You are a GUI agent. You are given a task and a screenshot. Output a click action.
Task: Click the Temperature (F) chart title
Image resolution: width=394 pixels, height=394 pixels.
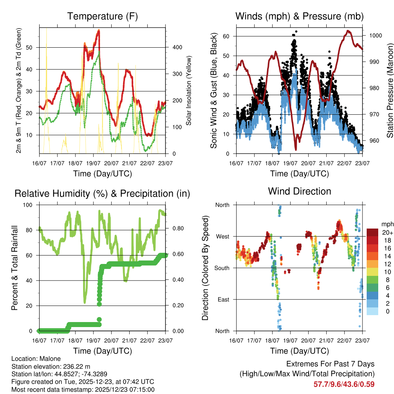tap(102, 16)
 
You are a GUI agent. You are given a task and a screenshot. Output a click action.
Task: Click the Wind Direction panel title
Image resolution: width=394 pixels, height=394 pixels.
tap(299, 191)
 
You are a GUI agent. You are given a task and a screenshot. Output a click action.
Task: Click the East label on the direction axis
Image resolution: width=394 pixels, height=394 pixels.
tap(223, 299)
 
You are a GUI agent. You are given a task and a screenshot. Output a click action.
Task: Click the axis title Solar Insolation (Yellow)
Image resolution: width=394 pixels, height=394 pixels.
tap(189, 90)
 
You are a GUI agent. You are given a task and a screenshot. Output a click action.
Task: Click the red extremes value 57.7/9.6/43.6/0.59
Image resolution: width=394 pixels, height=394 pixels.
tap(344, 384)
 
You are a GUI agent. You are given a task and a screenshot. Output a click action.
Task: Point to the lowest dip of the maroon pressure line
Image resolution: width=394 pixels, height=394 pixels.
tap(296, 149)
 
